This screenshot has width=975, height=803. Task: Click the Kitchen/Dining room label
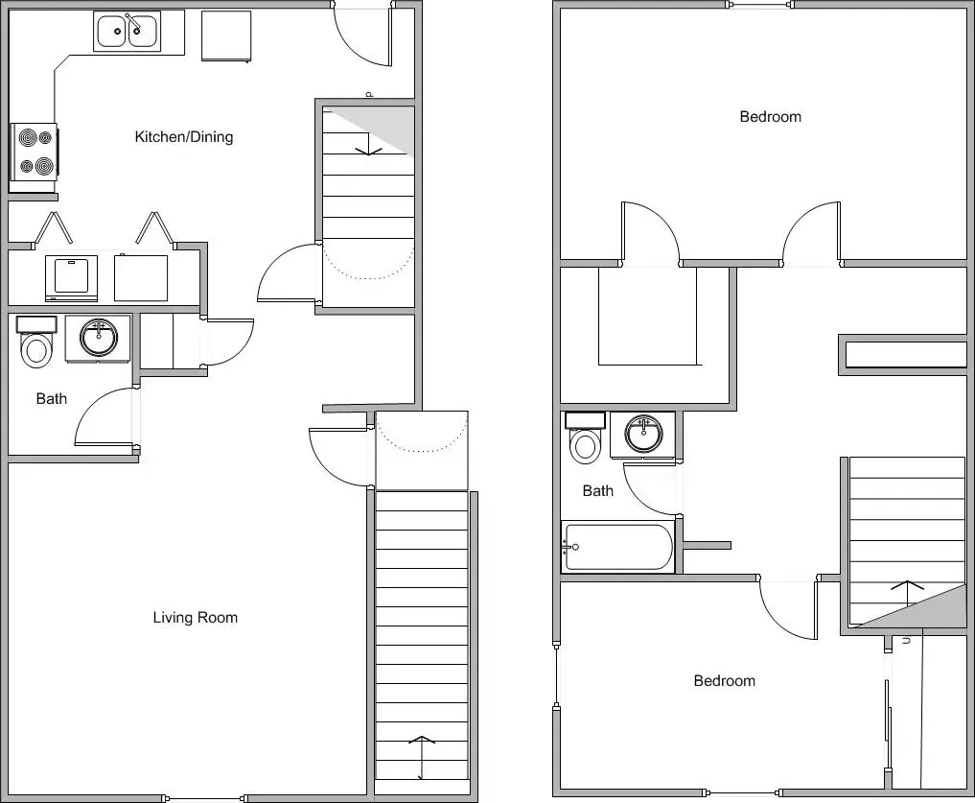[x=183, y=137]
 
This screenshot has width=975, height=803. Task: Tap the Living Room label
[x=195, y=618]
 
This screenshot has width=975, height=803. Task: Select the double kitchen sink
[x=127, y=32]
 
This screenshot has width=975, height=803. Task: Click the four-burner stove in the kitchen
[x=34, y=152]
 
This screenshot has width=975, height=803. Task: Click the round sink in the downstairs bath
[x=98, y=338]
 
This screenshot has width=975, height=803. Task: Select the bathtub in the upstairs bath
[x=617, y=547]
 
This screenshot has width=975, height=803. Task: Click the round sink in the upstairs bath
[x=643, y=434]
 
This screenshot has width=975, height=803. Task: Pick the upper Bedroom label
[x=770, y=117]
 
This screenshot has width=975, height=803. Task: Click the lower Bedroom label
[x=724, y=681]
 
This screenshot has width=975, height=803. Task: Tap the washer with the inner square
[x=71, y=277]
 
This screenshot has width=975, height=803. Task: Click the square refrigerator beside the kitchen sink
[x=226, y=36]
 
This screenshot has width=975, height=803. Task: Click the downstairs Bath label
[x=52, y=398]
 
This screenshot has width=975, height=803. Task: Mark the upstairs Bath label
[x=597, y=491]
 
